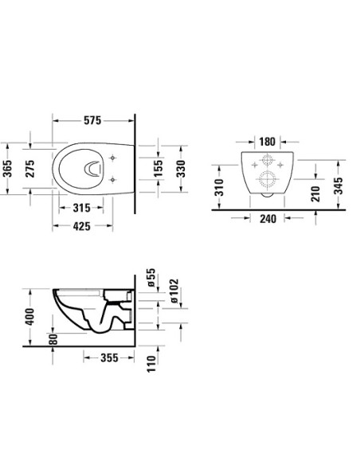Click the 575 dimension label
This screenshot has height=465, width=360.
tap(92, 121)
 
